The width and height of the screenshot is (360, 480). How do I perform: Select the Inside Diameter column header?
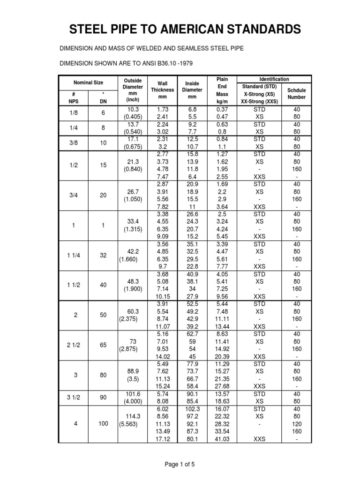[192, 90]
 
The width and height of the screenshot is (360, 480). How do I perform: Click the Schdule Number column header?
[296, 93]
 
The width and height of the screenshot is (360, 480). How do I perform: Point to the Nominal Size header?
[89, 82]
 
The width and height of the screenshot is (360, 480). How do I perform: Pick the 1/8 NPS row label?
[74, 112]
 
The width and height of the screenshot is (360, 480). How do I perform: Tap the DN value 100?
[104, 423]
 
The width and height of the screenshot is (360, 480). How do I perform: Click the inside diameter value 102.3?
[192, 408]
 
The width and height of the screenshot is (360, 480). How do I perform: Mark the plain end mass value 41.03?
[222, 439]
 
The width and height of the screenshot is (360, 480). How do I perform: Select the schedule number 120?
[297, 424]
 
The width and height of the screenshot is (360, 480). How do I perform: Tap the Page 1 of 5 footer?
[180, 464]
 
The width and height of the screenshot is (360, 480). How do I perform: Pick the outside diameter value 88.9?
[134, 370]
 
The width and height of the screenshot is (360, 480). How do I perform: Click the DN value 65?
[104, 345]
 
